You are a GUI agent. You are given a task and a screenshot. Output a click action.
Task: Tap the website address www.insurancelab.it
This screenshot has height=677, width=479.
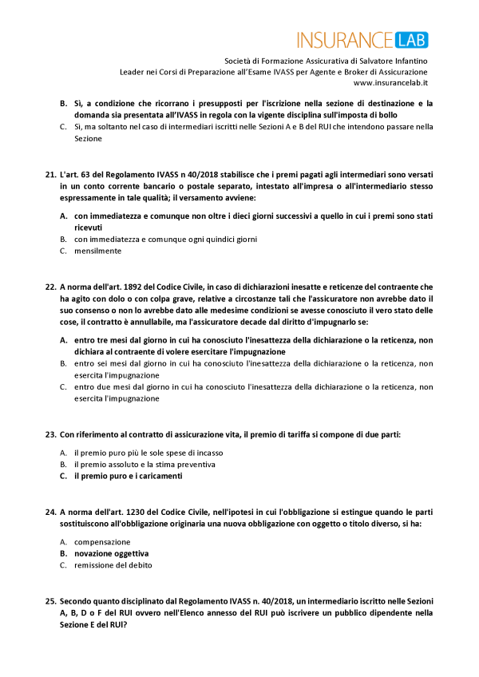(390, 82)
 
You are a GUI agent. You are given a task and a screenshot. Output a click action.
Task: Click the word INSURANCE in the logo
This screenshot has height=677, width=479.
(344, 39)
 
